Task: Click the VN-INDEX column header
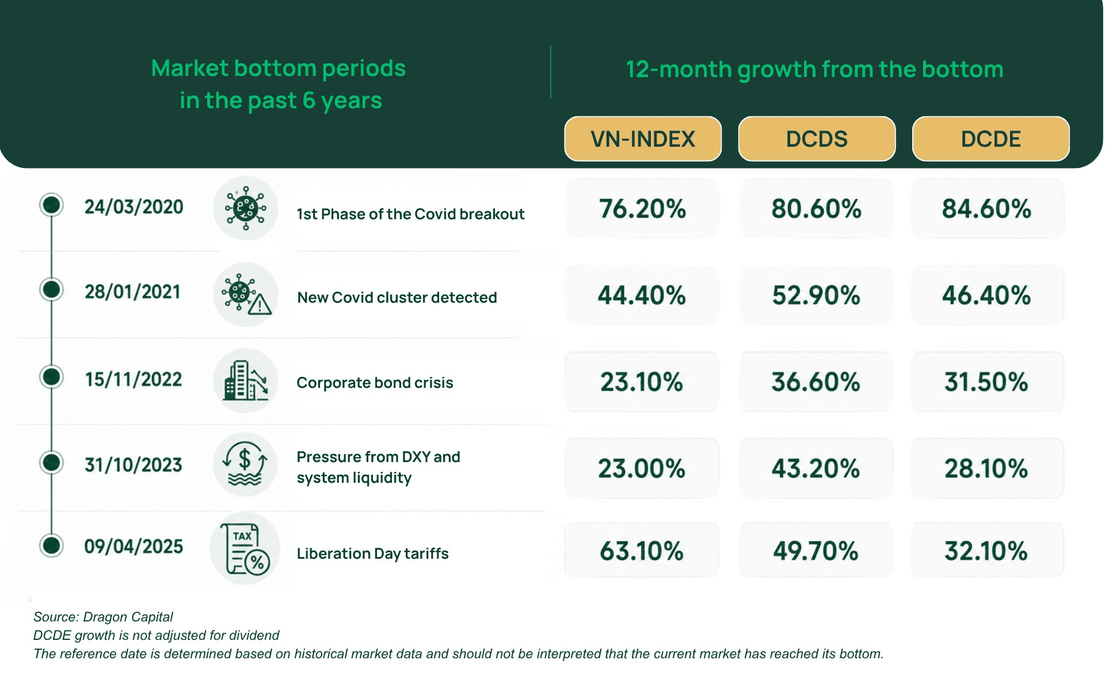tap(643, 139)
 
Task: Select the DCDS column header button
tap(817, 139)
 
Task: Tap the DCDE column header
tap(990, 139)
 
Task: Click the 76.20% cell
tap(642, 208)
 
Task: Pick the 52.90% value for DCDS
tap(816, 295)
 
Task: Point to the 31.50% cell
tap(986, 382)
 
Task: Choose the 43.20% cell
tap(816, 468)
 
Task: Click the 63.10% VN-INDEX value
tap(642, 550)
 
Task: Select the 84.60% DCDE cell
tap(986, 208)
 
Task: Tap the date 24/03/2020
tap(134, 207)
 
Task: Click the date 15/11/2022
tap(134, 379)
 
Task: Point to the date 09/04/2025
tap(134, 546)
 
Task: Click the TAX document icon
tap(245, 548)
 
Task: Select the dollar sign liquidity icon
tap(245, 464)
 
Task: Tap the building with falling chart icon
tap(245, 380)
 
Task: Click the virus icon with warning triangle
tap(245, 295)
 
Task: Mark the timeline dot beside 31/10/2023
tap(52, 462)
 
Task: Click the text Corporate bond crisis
tap(375, 383)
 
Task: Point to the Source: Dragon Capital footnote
tap(103, 617)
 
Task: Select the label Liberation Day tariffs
tap(372, 554)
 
